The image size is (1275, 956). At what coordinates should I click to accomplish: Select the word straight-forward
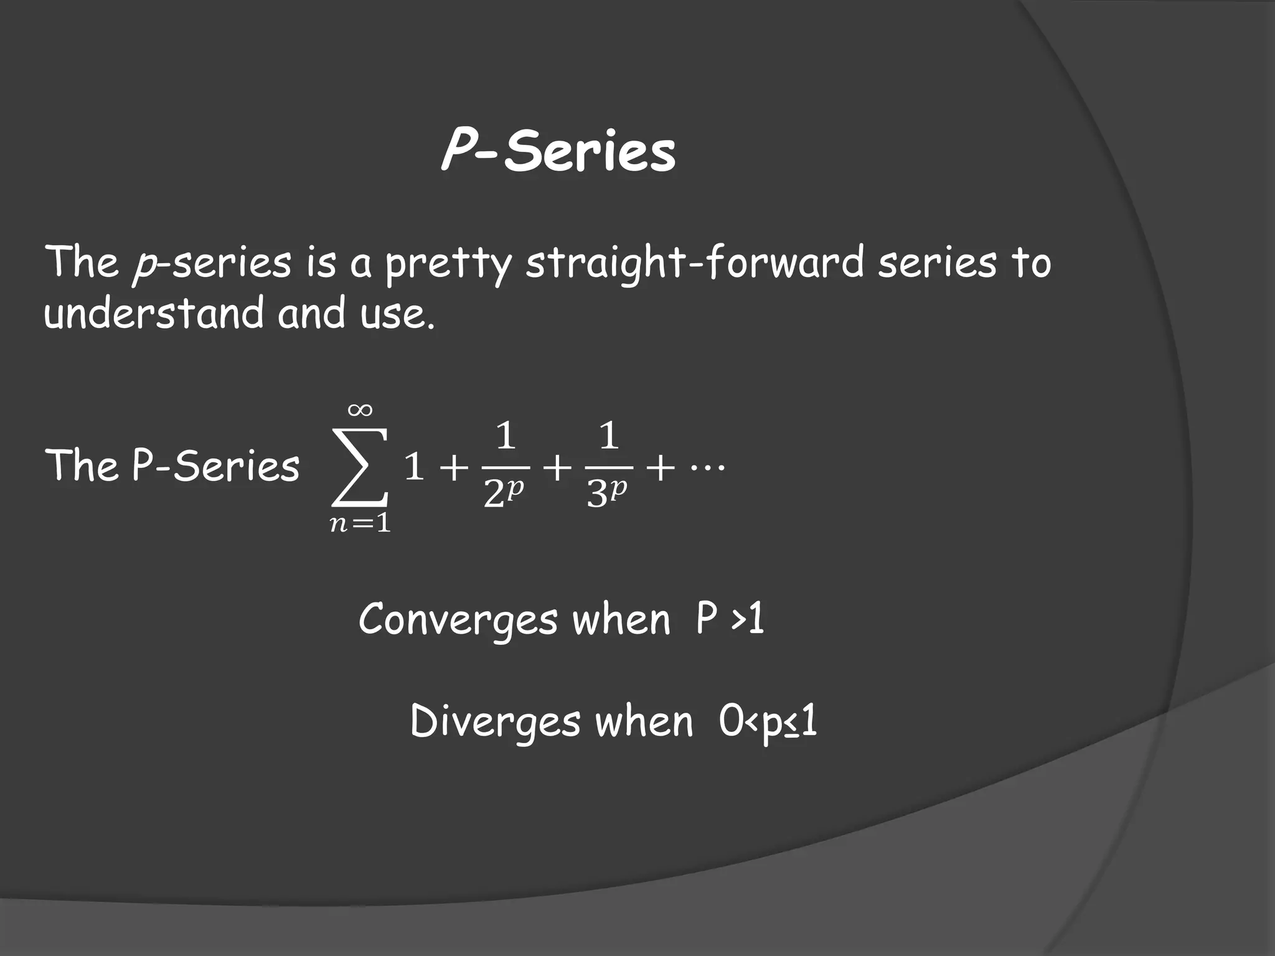point(695,264)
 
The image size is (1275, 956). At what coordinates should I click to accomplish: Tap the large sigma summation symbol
point(360,467)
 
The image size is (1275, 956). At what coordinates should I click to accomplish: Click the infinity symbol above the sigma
point(360,410)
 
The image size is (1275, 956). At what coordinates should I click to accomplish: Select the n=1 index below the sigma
point(360,524)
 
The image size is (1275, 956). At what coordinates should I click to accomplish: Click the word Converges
point(458,621)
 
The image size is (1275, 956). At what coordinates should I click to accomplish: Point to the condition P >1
point(730,620)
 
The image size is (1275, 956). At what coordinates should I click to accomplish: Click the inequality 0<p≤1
point(768,723)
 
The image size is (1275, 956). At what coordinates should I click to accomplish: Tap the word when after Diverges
point(644,723)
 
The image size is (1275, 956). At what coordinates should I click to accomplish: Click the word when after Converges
point(621,621)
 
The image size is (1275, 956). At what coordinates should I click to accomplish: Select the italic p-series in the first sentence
point(212,264)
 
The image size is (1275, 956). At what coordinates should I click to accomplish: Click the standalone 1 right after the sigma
point(414,467)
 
